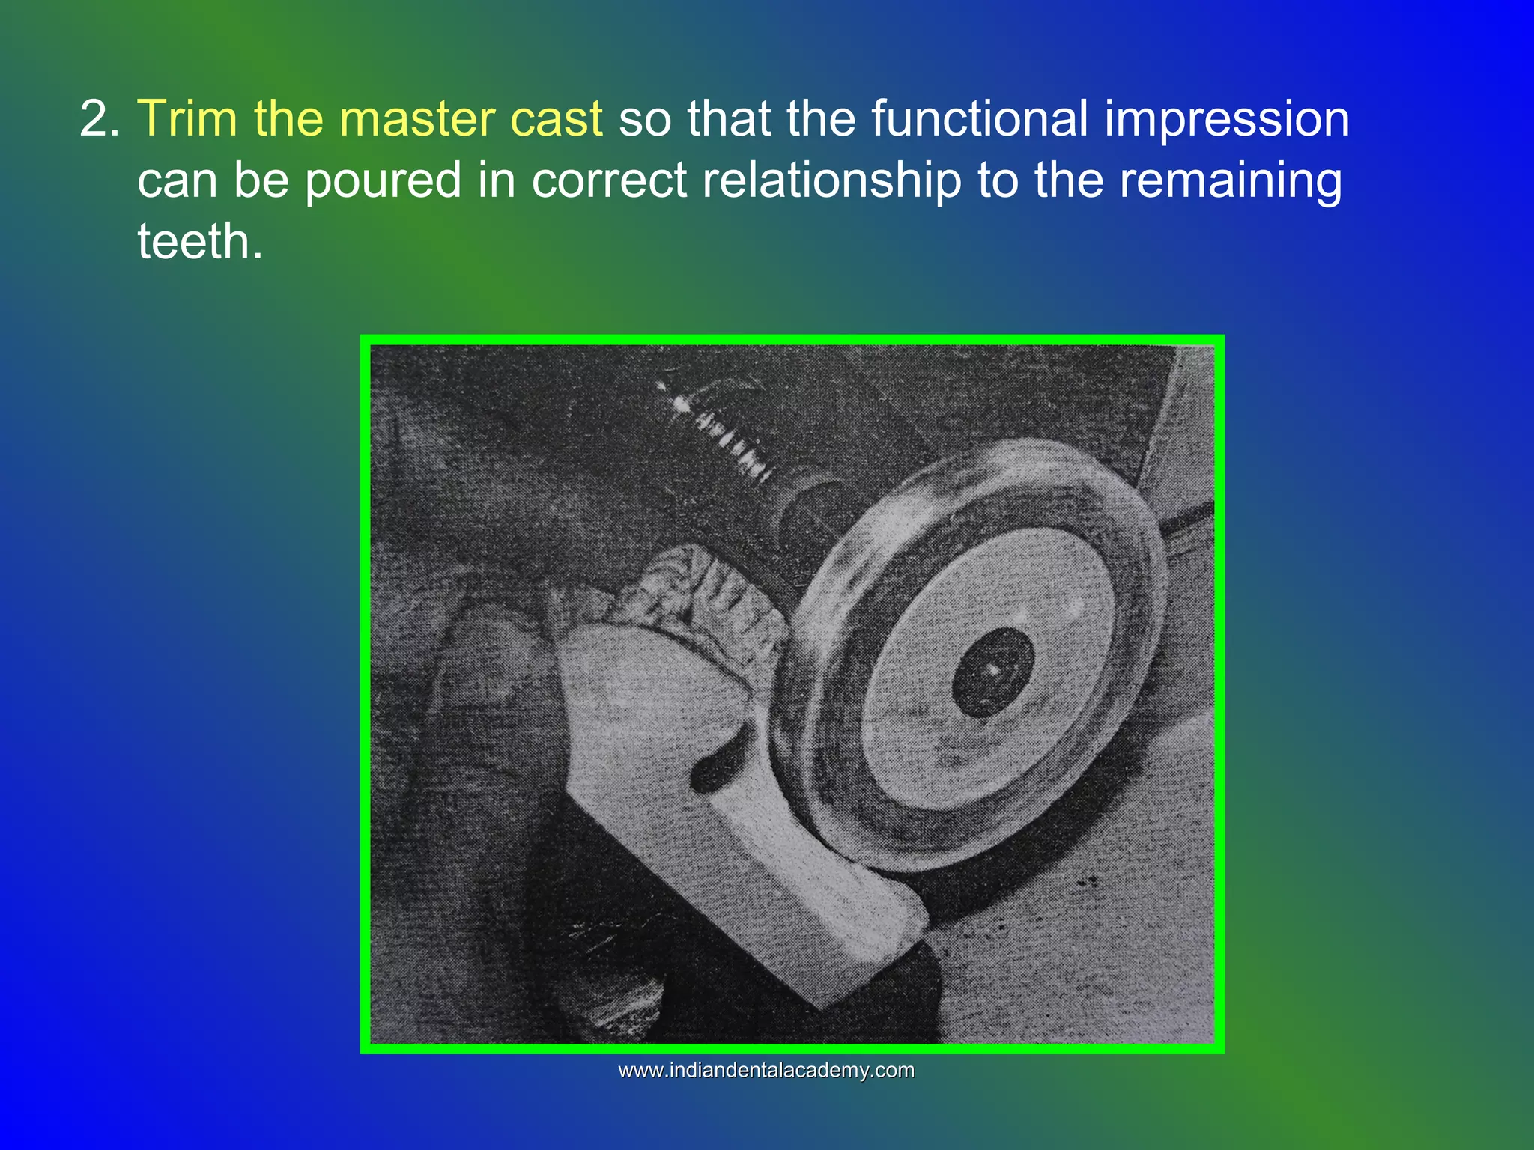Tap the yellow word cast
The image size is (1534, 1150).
click(556, 120)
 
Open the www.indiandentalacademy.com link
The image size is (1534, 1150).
click(766, 1071)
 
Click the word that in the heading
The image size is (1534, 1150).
click(729, 120)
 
